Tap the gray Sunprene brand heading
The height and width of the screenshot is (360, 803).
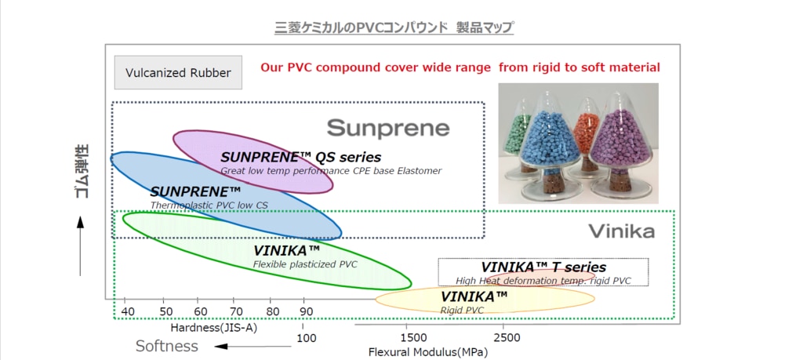pos(388,128)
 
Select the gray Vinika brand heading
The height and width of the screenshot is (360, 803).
pos(621,231)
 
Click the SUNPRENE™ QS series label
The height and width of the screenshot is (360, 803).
pos(300,157)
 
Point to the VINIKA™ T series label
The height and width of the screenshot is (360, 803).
pos(543,267)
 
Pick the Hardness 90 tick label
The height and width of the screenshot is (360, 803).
pos(307,311)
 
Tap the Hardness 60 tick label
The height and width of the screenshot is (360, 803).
pos(200,311)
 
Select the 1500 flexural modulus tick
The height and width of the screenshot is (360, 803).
pos(413,337)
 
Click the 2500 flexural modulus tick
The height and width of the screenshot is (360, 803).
pos(507,337)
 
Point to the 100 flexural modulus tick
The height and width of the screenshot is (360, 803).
pos(307,338)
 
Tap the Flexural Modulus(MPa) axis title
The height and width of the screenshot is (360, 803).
pos(428,351)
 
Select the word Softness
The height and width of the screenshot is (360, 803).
pos(167,346)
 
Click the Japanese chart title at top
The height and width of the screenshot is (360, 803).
pos(394,29)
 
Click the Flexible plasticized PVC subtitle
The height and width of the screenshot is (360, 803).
pos(305,264)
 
